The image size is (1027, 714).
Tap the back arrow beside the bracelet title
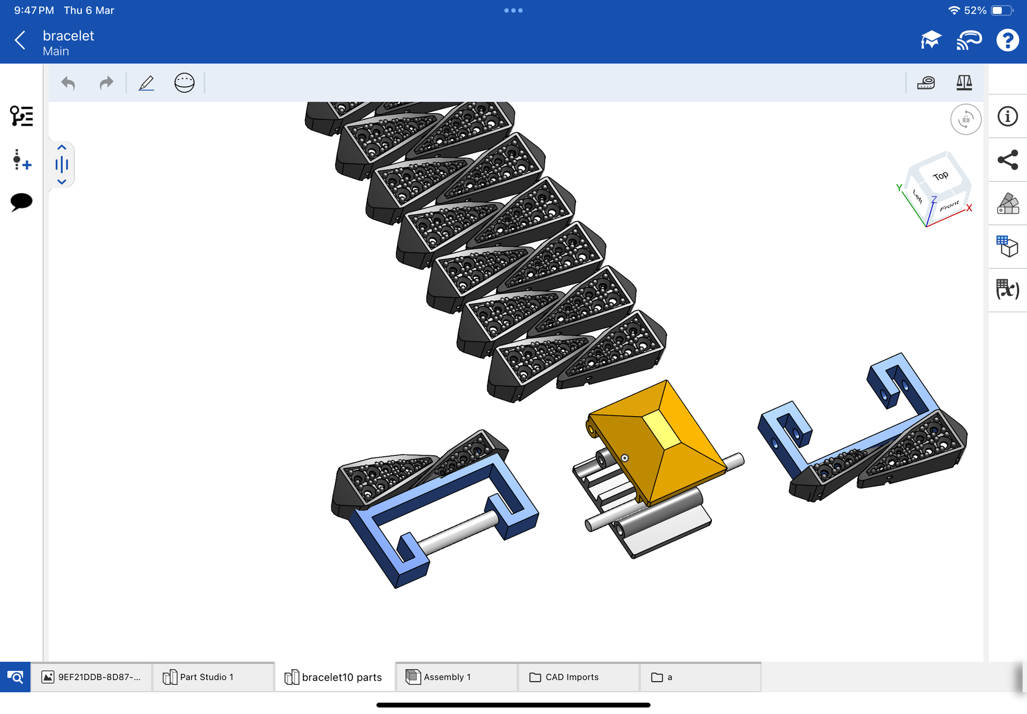(x=20, y=40)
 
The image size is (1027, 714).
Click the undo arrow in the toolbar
(x=68, y=83)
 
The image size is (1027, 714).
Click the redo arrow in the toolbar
(x=106, y=83)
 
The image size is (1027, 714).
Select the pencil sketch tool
(x=146, y=83)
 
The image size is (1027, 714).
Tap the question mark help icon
(x=1007, y=40)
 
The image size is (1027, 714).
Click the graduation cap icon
(x=930, y=40)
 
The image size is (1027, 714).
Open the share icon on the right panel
(x=1007, y=160)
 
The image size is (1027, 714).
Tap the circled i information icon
(x=1007, y=116)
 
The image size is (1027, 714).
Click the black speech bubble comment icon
(x=21, y=202)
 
